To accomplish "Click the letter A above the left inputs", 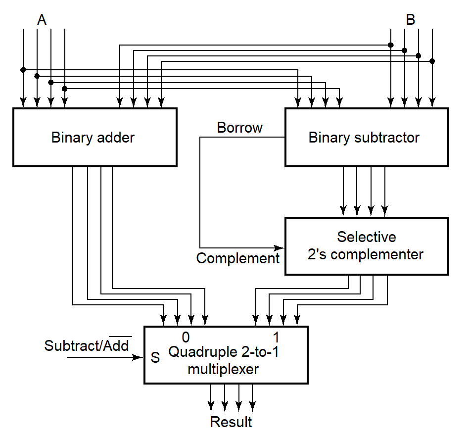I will [42, 20].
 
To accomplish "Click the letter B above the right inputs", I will [411, 20].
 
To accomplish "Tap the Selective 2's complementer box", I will [367, 246].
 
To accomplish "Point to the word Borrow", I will [240, 128].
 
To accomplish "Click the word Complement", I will [238, 258].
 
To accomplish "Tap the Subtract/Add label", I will [87, 345].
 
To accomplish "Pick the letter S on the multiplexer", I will [155, 358].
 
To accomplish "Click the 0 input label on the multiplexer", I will [186, 338].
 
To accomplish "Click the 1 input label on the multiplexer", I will [276, 338].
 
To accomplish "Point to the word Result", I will [231, 422].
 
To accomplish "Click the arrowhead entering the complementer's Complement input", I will [281, 247].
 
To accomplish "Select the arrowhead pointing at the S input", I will [139, 357].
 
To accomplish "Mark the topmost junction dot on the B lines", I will [391, 45].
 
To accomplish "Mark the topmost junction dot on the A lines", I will [23, 70].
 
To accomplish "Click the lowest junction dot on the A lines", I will [64, 89].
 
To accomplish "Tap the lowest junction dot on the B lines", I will [432, 61].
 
